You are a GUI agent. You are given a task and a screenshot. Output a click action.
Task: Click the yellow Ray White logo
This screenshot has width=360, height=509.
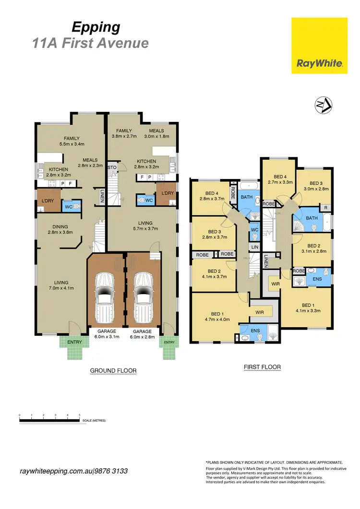[319, 46]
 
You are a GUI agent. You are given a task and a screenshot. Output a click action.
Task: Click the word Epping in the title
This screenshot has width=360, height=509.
[96, 27]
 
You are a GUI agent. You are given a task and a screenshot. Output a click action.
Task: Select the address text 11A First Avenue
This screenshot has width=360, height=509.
[90, 44]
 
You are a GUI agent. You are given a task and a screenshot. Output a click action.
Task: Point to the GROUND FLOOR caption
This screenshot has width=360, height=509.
[113, 371]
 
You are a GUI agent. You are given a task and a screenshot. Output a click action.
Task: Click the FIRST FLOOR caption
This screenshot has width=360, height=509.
[262, 367]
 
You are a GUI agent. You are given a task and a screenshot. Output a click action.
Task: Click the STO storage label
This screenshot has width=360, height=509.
[112, 167]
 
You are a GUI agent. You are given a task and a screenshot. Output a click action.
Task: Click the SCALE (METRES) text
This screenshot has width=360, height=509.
[94, 420]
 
